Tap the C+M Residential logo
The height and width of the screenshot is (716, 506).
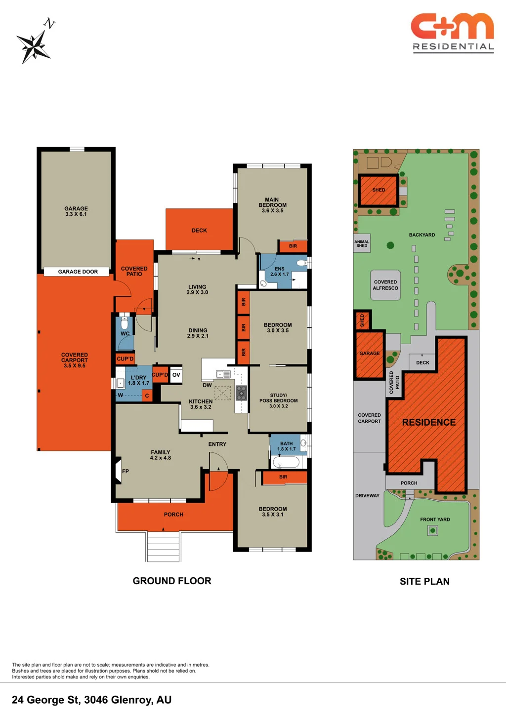click(453, 33)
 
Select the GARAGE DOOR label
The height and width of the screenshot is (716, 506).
click(78, 272)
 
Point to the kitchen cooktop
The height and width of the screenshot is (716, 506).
click(241, 393)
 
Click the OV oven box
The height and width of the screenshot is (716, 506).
click(176, 375)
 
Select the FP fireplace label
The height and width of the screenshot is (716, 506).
click(126, 471)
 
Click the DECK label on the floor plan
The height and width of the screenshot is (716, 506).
click(199, 231)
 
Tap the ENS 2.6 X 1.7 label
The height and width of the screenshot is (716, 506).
click(279, 272)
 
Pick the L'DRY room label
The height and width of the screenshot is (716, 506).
click(138, 380)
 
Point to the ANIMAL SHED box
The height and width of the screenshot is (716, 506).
click(362, 243)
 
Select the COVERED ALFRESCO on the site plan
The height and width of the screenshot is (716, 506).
click(385, 285)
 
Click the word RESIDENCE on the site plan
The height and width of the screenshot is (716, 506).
click(428, 422)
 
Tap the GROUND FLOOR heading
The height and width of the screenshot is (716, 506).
click(172, 581)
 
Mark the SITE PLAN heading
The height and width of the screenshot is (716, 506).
click(424, 581)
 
